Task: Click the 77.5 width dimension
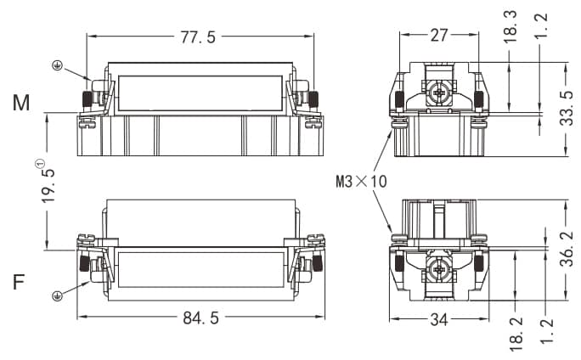pos(201,37)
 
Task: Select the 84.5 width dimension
pos(201,318)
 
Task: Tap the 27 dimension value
pos(439,36)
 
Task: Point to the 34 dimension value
pos(439,319)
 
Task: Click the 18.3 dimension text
pos(510,27)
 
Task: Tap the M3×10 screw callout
pos(360,181)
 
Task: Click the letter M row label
pos(21,104)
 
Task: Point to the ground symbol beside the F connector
pos(58,295)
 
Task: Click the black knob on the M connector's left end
pos(87,98)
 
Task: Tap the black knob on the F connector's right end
pos(317,262)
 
